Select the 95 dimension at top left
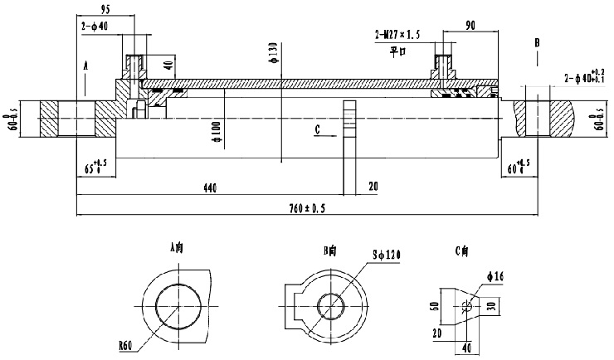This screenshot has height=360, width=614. point(106,11)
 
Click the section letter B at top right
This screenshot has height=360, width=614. point(537,41)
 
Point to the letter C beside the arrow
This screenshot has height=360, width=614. point(318,129)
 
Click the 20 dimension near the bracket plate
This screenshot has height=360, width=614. point(373,188)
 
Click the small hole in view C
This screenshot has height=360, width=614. point(468,305)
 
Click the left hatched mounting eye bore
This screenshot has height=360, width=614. point(79,118)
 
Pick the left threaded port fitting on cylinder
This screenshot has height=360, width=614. point(134,65)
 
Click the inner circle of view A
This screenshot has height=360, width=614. point(178,305)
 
